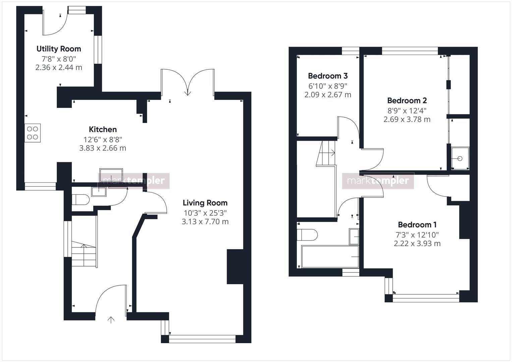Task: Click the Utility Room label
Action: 59,49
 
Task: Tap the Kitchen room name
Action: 103,129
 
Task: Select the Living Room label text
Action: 205,203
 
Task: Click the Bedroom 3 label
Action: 328,76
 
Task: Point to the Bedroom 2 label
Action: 407,101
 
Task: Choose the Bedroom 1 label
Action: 417,225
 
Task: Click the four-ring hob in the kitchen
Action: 33,133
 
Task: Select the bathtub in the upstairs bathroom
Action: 330,257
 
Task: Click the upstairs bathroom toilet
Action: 307,235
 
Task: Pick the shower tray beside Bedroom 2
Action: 459,158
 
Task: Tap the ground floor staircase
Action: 84,255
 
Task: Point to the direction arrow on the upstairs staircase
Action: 332,153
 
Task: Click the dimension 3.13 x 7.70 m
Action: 205,222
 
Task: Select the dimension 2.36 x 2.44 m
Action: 59,67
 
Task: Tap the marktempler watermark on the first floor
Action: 378,181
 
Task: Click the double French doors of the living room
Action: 188,82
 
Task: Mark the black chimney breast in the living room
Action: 235,267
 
